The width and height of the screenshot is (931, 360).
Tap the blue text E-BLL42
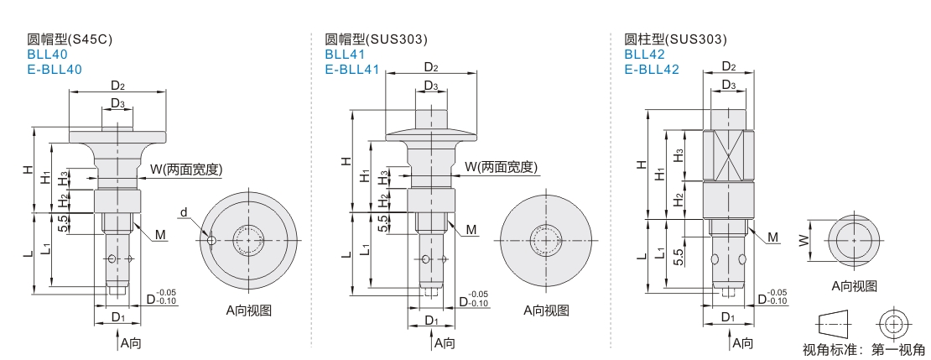651,70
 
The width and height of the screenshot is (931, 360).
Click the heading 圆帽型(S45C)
70,39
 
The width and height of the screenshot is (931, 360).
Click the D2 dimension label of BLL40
117,85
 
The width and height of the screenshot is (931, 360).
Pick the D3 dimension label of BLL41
430,85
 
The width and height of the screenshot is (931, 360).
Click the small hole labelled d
212,241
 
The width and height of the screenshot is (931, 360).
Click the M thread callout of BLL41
471,229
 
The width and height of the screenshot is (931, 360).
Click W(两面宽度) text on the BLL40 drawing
185,169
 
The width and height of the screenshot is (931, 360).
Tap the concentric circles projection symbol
893,325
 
